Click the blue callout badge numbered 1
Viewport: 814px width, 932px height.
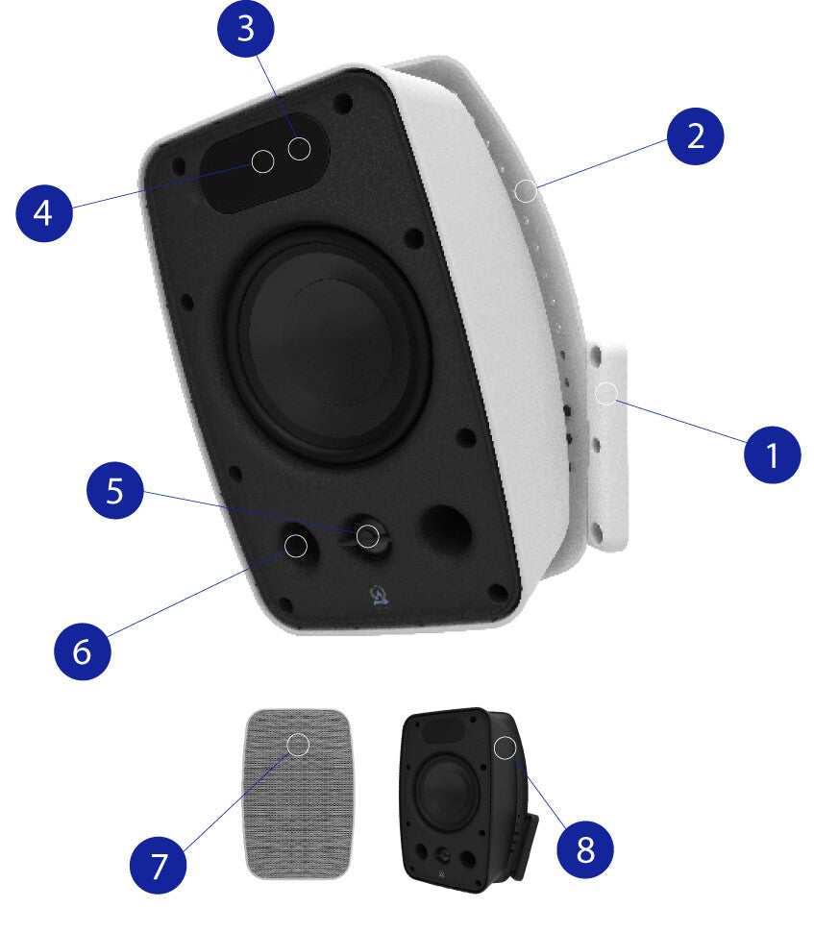click(772, 454)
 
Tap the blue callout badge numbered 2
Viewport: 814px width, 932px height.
click(695, 136)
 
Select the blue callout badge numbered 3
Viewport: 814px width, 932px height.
click(246, 29)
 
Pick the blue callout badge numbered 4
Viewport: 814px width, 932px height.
click(44, 212)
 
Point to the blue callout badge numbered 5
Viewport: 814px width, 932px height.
click(115, 490)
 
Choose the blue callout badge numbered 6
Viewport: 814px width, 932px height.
click(82, 650)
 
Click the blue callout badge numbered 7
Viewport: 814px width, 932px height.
click(159, 865)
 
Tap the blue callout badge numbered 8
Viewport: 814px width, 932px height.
click(585, 849)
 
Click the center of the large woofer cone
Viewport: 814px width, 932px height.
click(330, 345)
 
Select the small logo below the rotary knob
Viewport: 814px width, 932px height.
click(379, 595)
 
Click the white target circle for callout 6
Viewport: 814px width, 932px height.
click(295, 546)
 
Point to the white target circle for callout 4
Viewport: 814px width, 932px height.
click(262, 161)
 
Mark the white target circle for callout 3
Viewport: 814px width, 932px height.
click(299, 149)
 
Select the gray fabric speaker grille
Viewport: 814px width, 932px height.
click(297, 794)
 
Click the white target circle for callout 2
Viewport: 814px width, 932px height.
click(525, 191)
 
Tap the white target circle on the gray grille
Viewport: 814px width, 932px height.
click(298, 745)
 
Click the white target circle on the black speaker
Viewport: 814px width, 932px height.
click(505, 748)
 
